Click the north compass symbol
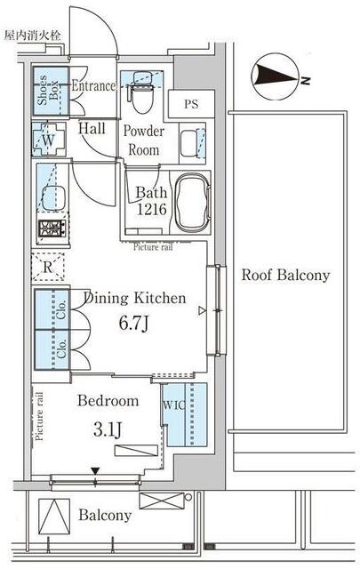click(276, 76)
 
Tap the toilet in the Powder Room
click(141, 92)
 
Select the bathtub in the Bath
click(192, 204)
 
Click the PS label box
click(191, 104)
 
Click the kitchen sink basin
click(53, 198)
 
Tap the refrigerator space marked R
click(48, 268)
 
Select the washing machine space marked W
click(49, 140)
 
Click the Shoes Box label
click(47, 90)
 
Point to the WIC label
click(174, 405)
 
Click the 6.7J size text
click(134, 323)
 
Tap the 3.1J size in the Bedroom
click(108, 429)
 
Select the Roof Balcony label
click(285, 275)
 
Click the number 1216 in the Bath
click(152, 209)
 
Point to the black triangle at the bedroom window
click(95, 471)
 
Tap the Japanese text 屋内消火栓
click(33, 36)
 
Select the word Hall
click(92, 128)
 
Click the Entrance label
click(93, 85)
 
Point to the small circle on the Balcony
click(188, 497)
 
